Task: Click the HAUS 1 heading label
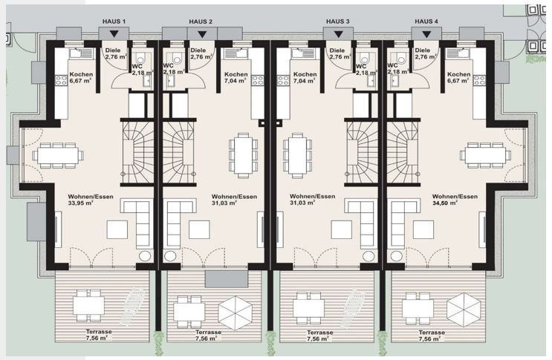click(114, 22)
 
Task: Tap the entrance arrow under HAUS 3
click(338, 34)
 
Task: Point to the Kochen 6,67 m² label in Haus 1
click(81, 77)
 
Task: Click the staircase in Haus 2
click(179, 152)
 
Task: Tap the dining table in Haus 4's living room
click(485, 155)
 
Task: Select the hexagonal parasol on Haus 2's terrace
click(236, 313)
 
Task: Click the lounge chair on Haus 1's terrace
click(132, 306)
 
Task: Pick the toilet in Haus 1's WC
click(140, 59)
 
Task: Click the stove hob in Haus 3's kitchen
click(283, 80)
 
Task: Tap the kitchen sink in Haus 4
click(458, 53)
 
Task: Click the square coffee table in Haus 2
click(199, 230)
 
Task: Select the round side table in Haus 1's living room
click(145, 256)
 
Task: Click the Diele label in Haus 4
click(423, 50)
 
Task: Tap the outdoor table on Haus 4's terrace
click(418, 308)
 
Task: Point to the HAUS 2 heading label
click(201, 22)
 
